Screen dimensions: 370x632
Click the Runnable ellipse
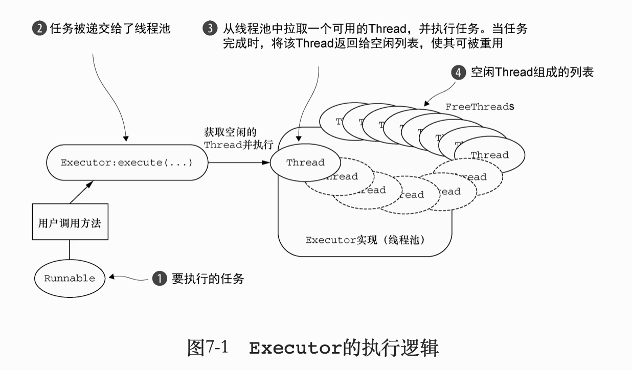tap(70, 279)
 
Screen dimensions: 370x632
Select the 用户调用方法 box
tap(70, 222)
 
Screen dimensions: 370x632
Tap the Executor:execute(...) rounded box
tap(127, 163)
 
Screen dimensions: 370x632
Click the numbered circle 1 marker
tap(160, 279)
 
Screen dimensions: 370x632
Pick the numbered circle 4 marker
tap(458, 73)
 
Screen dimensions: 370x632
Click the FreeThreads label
tap(479, 107)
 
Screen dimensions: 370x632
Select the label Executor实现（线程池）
tap(365, 240)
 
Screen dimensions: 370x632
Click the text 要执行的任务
tap(208, 279)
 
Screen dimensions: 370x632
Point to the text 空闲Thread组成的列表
tap(532, 73)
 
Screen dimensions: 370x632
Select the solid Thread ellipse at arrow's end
tap(305, 163)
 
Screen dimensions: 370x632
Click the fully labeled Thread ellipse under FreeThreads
tap(489, 155)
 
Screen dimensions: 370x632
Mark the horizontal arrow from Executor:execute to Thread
tap(238, 163)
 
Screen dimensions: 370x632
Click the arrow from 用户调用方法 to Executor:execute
tap(82, 192)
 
